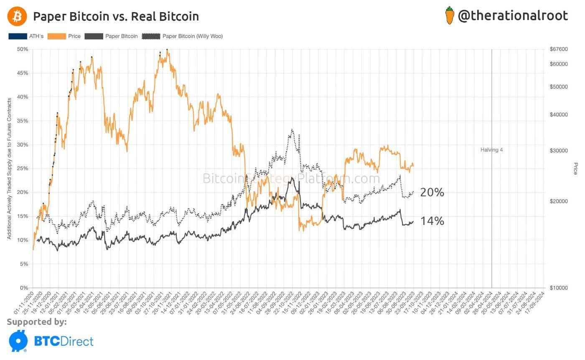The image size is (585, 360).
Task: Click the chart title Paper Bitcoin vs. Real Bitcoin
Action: [x=116, y=16]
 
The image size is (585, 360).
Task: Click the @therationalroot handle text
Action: [x=513, y=16]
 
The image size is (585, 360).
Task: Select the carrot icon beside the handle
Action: [x=450, y=16]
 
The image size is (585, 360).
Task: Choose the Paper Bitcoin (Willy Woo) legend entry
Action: [x=183, y=36]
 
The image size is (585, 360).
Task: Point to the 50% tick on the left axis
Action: [x=22, y=49]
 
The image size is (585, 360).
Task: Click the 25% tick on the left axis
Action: [x=22, y=169]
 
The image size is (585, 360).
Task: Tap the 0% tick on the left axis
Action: [x=24, y=288]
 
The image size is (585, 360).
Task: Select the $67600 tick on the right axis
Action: [x=559, y=49]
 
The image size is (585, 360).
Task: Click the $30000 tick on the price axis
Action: [x=559, y=151]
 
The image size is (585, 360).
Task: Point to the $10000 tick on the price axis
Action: [x=559, y=288]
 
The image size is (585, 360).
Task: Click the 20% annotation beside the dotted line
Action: [x=432, y=192]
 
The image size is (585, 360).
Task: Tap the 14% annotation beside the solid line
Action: [x=432, y=221]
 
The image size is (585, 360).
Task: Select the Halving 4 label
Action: [x=491, y=150]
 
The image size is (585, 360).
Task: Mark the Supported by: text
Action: [x=36, y=322]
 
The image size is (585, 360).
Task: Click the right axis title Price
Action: [x=575, y=169]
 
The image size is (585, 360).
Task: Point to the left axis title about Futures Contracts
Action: [x=9, y=169]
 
